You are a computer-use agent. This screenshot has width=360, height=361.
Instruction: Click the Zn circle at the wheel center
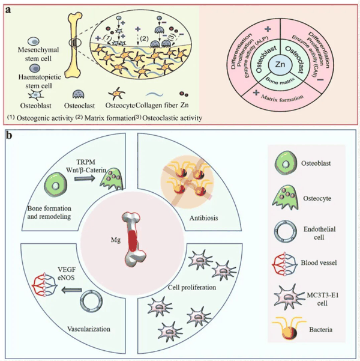click(280, 64)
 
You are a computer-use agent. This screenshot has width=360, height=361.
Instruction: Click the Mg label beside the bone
click(116, 240)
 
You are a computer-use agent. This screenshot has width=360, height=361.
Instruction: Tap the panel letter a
click(8, 10)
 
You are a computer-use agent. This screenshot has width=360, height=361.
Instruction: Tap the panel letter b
click(9, 135)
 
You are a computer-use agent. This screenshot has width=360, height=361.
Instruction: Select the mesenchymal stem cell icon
click(34, 41)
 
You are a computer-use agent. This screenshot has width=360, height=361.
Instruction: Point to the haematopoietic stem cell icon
click(35, 68)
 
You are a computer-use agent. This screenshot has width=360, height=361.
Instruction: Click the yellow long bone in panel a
click(74, 46)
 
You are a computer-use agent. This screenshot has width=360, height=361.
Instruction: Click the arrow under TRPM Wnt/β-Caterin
click(85, 178)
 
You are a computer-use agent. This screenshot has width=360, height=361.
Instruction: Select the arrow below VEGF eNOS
click(71, 290)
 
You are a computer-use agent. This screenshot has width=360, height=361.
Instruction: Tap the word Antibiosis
click(203, 218)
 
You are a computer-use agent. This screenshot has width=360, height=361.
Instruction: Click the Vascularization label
click(89, 329)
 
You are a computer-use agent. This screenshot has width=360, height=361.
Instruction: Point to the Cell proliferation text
click(192, 287)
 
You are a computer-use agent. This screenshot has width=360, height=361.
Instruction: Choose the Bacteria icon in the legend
click(289, 329)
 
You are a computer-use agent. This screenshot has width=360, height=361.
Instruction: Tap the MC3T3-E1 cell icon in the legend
click(289, 296)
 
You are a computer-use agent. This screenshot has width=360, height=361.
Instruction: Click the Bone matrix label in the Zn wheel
click(280, 81)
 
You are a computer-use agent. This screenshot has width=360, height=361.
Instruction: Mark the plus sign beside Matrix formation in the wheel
click(256, 93)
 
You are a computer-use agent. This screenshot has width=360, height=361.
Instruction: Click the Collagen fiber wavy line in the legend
click(154, 95)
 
